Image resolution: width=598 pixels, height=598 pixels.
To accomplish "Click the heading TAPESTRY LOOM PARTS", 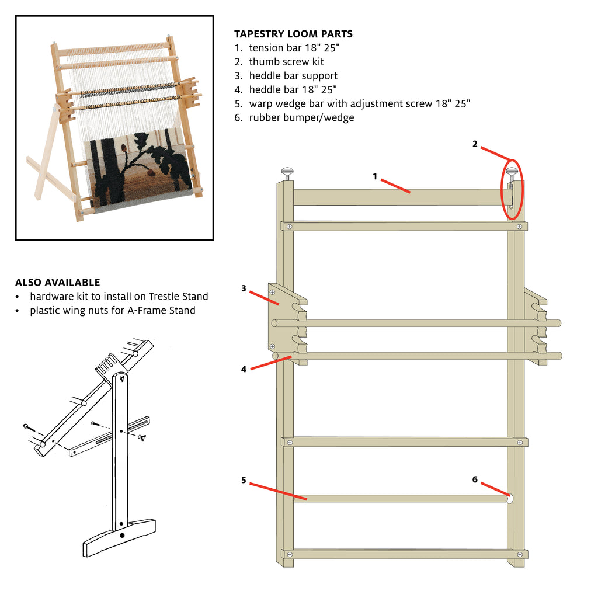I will point(293,34).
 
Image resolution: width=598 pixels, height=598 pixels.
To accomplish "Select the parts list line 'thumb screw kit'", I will point(286,62).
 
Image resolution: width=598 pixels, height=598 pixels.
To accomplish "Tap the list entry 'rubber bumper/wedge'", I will point(301,118).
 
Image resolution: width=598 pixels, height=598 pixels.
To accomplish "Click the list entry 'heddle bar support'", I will point(293,76).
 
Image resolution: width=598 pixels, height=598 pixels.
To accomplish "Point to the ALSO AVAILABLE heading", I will point(57,283).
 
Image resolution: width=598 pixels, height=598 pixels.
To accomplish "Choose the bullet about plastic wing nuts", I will point(112,311).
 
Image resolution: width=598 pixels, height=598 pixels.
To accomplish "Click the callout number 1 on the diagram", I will point(375,176).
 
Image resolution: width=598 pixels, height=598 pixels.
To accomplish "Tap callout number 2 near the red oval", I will point(475,144).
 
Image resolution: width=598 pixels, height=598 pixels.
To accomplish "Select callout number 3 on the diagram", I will point(244,288).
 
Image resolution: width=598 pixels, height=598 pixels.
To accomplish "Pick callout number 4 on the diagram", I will point(244,368).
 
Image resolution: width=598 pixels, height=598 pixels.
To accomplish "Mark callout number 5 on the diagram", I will point(244,481).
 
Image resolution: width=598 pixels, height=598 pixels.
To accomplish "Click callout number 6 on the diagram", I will point(475,479).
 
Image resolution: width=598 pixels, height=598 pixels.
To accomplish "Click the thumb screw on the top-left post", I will point(287,173).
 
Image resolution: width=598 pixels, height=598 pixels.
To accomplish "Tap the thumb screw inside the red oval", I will point(512,173).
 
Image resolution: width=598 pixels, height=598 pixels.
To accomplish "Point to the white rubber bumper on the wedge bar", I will point(510,499).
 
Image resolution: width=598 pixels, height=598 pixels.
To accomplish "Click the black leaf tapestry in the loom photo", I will point(140,166).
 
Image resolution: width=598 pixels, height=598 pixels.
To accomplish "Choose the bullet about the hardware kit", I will point(119,297).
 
